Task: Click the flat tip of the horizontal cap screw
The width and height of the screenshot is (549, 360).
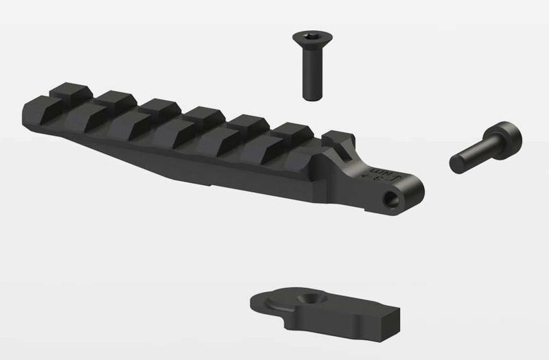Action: click(456, 165)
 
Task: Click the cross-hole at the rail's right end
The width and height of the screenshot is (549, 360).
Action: click(392, 198)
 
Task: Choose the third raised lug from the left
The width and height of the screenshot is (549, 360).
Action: click(161, 107)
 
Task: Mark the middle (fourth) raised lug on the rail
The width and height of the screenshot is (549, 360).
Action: click(204, 115)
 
